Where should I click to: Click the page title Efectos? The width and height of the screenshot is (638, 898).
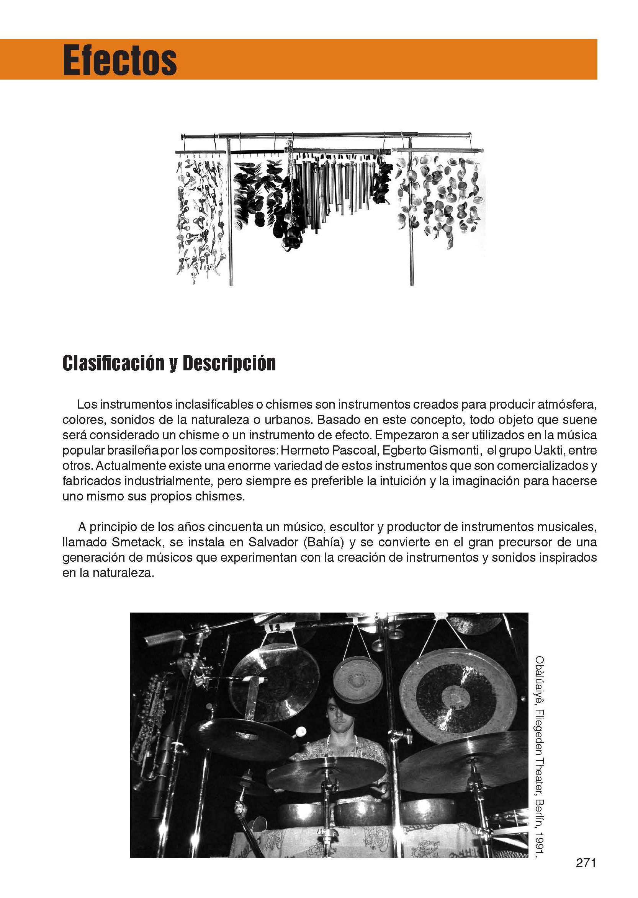(120, 61)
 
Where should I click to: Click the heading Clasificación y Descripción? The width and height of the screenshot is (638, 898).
(169, 363)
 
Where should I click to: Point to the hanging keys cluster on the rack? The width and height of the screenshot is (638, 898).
(200, 216)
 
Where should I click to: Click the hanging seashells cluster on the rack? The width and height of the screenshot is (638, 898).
(440, 196)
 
